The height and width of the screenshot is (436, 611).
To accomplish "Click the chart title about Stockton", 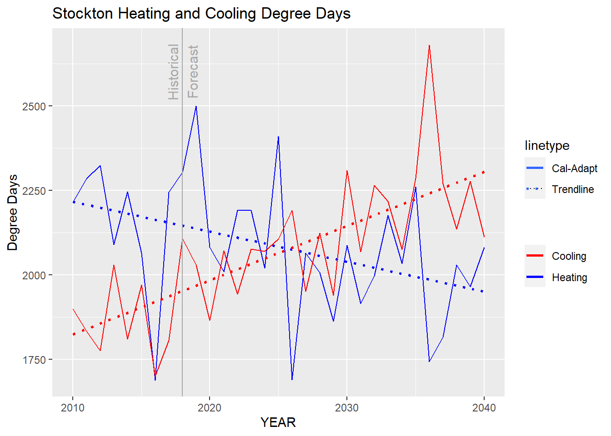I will coord(201,14).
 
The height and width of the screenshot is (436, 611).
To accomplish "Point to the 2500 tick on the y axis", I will coord(34,107).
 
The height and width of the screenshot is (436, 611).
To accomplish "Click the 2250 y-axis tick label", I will coord(34,191).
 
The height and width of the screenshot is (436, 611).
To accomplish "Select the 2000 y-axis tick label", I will coord(34,276).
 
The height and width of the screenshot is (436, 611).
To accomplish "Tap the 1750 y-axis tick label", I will coord(34,360).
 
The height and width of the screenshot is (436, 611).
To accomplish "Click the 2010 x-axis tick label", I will coord(73,408).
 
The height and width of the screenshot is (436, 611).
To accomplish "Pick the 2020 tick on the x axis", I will coord(210,408).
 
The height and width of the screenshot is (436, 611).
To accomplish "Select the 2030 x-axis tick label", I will coord(347,408).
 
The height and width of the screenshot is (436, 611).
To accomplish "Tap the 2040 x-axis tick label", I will coord(484,408).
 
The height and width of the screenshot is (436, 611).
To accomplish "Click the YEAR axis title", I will coord(278,422).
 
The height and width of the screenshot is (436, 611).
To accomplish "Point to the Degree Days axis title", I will coord(13,213).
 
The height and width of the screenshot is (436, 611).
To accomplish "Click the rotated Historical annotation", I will coord(174,72).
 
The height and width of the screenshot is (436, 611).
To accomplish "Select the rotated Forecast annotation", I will coord(193,72).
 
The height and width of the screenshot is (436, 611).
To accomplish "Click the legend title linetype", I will coord(547,146).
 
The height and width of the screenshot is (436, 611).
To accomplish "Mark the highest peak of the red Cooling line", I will coord(429,45).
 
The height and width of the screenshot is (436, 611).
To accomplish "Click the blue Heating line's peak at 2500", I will coord(196,106).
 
